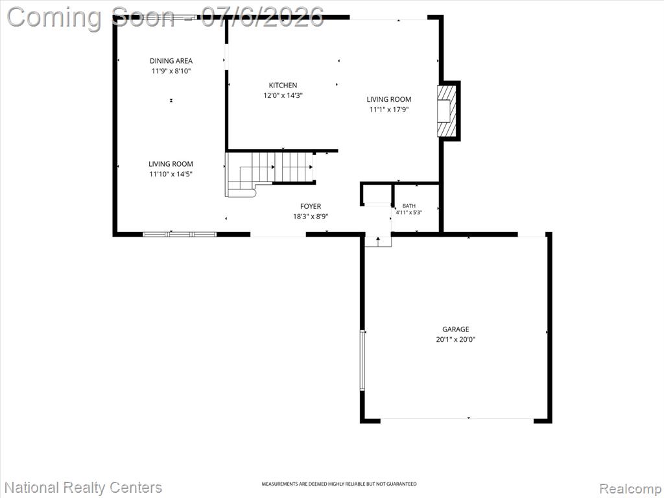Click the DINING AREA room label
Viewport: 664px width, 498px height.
(x=171, y=61)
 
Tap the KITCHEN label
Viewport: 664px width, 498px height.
(x=283, y=86)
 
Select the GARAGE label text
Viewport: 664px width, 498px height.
(x=456, y=329)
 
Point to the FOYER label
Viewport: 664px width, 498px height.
(x=311, y=207)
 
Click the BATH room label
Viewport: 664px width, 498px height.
(x=409, y=206)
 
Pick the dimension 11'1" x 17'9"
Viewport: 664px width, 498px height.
(x=389, y=110)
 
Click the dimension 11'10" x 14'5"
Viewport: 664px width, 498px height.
(x=171, y=174)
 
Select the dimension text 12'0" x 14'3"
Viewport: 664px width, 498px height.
(x=283, y=96)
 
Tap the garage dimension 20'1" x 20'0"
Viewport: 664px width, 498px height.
(x=456, y=340)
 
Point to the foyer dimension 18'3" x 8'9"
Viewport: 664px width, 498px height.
(x=311, y=217)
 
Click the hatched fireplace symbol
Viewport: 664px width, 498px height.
(x=447, y=111)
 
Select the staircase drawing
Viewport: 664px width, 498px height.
(x=270, y=174)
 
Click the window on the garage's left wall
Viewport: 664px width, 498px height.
(x=362, y=361)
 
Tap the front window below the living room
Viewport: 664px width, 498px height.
(x=180, y=234)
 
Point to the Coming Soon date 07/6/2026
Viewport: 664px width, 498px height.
(x=263, y=17)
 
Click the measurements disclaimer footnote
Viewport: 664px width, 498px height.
(x=338, y=484)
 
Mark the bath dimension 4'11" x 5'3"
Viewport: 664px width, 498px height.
(x=409, y=213)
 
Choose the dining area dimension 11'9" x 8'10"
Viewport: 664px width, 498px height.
(x=171, y=71)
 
